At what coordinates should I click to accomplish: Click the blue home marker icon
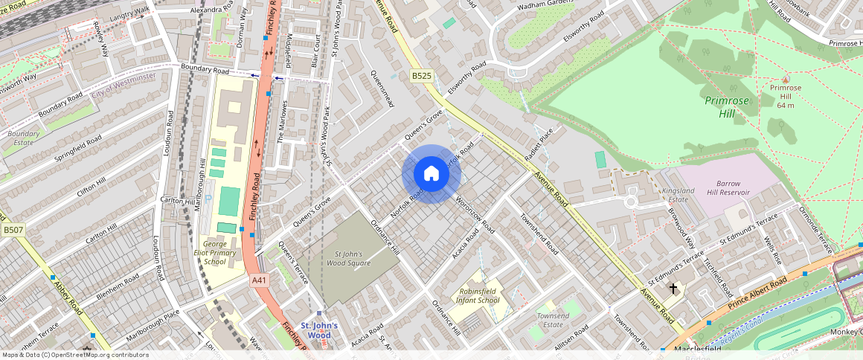(431, 174)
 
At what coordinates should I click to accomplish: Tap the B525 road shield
(421, 76)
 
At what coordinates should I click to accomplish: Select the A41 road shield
(259, 280)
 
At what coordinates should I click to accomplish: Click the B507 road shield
(13, 231)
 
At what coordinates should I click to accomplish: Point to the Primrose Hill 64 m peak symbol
(786, 78)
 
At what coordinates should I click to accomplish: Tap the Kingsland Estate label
(678, 196)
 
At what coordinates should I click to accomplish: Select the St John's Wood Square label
(349, 258)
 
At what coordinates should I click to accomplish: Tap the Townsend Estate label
(553, 320)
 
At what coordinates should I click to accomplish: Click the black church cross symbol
(673, 288)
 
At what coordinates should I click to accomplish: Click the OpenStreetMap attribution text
(74, 355)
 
